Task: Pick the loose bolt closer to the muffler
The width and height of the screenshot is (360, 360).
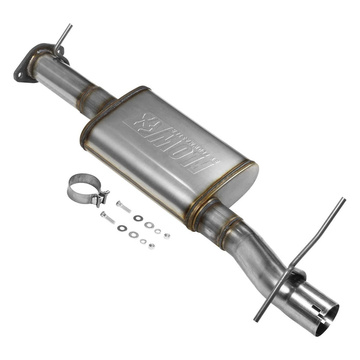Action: click(123, 207)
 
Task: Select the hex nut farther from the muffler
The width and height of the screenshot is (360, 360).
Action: click(151, 246)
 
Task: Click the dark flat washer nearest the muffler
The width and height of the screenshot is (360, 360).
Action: click(137, 218)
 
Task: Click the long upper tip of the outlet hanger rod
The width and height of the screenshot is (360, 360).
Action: click(339, 203)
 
